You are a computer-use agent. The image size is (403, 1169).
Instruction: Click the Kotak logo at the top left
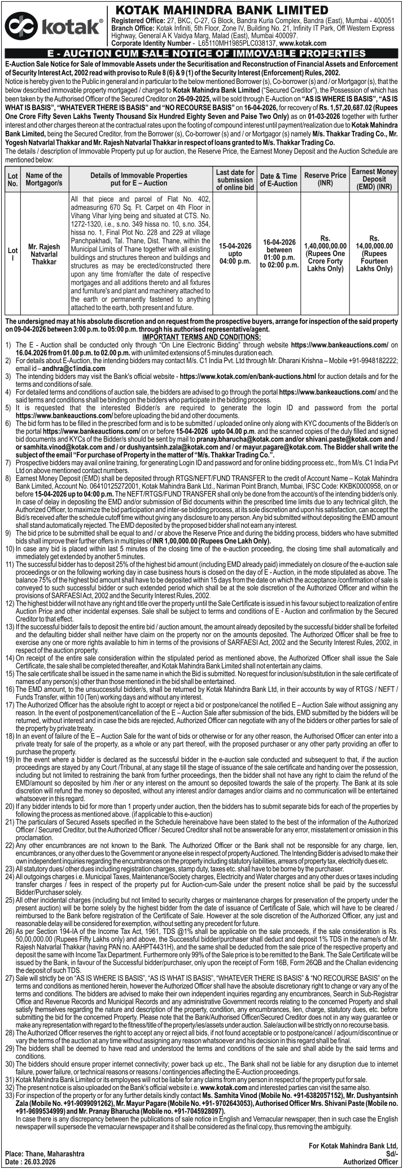(54, 27)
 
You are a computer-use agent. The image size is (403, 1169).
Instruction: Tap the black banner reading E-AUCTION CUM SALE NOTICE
(201, 53)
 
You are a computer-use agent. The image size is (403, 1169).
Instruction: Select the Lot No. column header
(12, 179)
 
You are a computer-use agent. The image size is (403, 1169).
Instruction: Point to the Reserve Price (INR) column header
(325, 179)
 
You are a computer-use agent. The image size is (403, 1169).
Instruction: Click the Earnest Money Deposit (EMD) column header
(374, 179)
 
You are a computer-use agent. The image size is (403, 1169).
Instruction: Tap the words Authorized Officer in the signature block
(371, 1162)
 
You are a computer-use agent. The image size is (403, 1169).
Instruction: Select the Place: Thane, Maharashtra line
(45, 1154)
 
